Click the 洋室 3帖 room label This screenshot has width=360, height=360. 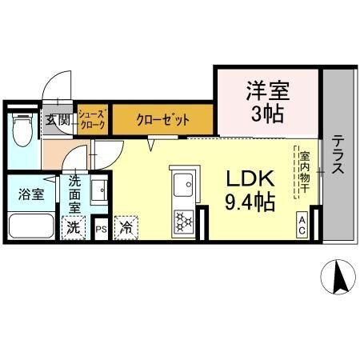267,102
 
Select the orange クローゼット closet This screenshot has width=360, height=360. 162,121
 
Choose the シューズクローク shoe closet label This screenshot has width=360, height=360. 91,121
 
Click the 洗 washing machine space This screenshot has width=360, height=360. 73,226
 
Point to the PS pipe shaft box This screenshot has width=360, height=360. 101,228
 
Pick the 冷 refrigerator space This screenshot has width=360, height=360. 125,227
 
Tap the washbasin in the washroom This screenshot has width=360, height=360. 99,193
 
